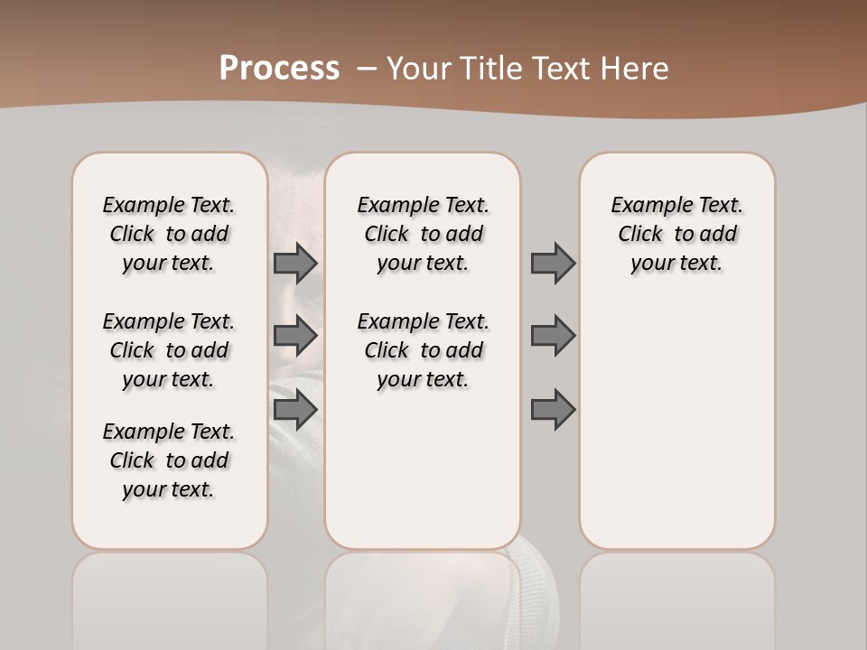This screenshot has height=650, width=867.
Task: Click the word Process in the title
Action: [279, 69]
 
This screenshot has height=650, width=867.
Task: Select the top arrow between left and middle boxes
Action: [294, 263]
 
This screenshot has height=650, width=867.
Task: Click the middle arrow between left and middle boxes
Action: [294, 336]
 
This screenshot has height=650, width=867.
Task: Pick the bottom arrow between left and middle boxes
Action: [294, 410]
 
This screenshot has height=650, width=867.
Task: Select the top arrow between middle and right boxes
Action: [553, 263]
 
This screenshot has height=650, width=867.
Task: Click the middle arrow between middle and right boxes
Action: [553, 336]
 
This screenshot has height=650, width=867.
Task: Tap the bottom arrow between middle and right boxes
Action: [553, 410]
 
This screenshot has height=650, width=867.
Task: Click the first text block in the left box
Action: [169, 234]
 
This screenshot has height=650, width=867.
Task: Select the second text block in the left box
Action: [169, 350]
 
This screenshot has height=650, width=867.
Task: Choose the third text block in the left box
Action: [169, 460]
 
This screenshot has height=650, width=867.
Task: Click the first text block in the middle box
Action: [423, 234]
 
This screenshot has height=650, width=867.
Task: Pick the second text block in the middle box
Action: [423, 350]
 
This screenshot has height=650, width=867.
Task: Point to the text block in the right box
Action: [676, 234]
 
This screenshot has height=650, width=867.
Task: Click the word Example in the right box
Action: [645, 206]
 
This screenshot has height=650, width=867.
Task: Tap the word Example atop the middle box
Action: [391, 206]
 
